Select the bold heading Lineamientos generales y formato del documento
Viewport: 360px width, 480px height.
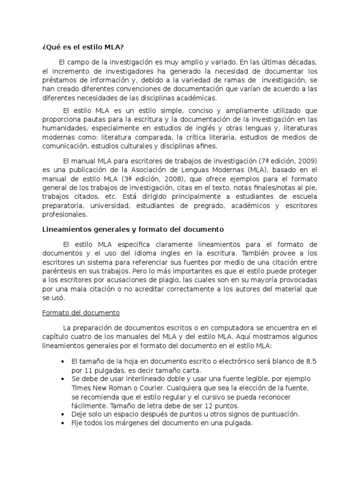(133, 230)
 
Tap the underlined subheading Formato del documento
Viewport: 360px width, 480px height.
(81, 312)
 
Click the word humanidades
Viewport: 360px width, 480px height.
(63, 127)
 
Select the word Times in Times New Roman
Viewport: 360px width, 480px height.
(81, 388)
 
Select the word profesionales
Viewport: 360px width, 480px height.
(65, 215)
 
